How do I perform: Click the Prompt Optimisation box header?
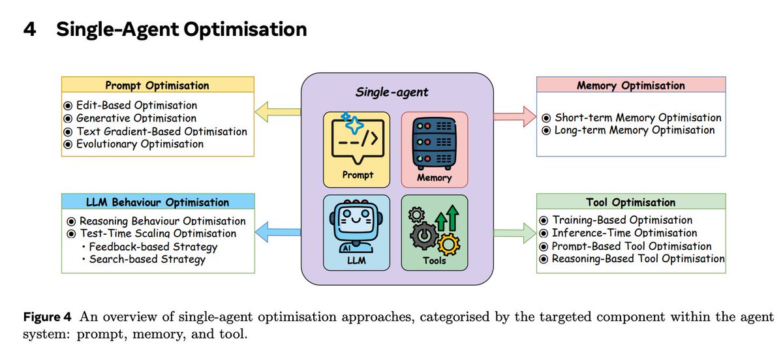157,85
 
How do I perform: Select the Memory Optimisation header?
630,85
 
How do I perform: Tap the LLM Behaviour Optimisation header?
157,202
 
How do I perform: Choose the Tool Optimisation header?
630,202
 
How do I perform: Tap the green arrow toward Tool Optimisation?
514,230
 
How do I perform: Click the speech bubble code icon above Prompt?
356,140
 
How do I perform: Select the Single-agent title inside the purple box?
391,92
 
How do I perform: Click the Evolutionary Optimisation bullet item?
140,144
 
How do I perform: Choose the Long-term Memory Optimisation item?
634,130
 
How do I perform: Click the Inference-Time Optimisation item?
624,233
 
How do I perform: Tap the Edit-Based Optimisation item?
136,105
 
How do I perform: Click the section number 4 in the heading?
29,29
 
